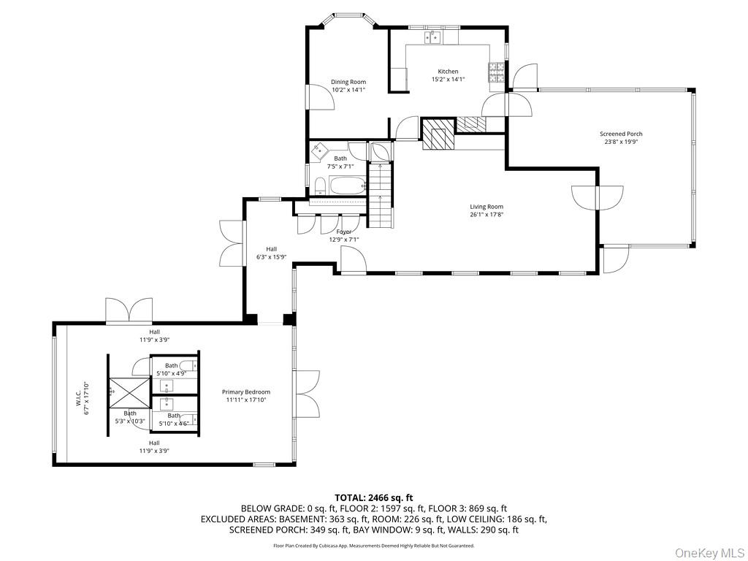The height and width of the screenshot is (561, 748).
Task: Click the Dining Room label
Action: [x=348, y=82]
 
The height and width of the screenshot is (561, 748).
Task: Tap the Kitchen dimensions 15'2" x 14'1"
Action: [x=448, y=80]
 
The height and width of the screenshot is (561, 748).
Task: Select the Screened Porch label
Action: [x=621, y=134]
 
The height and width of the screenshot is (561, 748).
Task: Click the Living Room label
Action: [x=486, y=207]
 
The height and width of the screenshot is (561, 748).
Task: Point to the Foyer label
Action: [x=343, y=232]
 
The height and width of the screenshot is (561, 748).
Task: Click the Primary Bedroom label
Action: [x=246, y=392]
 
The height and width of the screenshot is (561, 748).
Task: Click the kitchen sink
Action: [x=432, y=37]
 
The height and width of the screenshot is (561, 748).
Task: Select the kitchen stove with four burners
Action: [x=497, y=72]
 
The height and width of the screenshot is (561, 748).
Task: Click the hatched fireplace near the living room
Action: [x=438, y=134]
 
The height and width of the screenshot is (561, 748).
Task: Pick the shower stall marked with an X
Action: [x=128, y=394]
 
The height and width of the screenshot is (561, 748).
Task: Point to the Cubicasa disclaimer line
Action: [x=374, y=546]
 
